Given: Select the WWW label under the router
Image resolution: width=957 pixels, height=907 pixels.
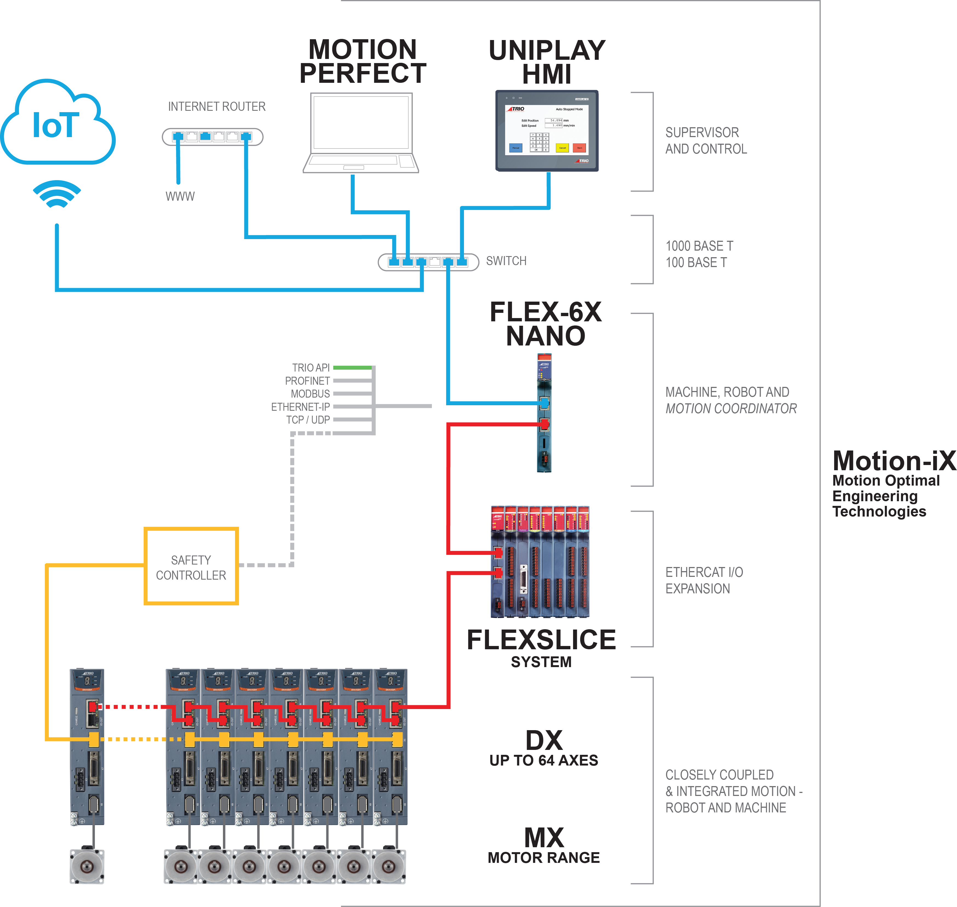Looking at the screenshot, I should [180, 196].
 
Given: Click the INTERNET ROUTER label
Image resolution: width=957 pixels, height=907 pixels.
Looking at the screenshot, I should [217, 106].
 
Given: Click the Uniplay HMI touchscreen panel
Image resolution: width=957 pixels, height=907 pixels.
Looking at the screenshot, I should [547, 131].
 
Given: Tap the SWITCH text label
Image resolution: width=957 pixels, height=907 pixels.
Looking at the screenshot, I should [506, 261].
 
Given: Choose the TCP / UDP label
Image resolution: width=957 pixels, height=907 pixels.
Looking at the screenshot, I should [308, 420].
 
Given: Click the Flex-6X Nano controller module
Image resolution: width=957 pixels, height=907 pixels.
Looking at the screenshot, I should [544, 413].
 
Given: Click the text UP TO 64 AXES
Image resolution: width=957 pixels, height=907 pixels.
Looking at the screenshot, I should [543, 761].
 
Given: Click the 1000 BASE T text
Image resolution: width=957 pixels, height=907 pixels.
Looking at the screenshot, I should [699, 246].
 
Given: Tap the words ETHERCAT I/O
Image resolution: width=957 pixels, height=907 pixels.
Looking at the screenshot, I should [704, 572].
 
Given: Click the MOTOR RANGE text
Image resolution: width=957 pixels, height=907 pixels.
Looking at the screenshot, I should [543, 858].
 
